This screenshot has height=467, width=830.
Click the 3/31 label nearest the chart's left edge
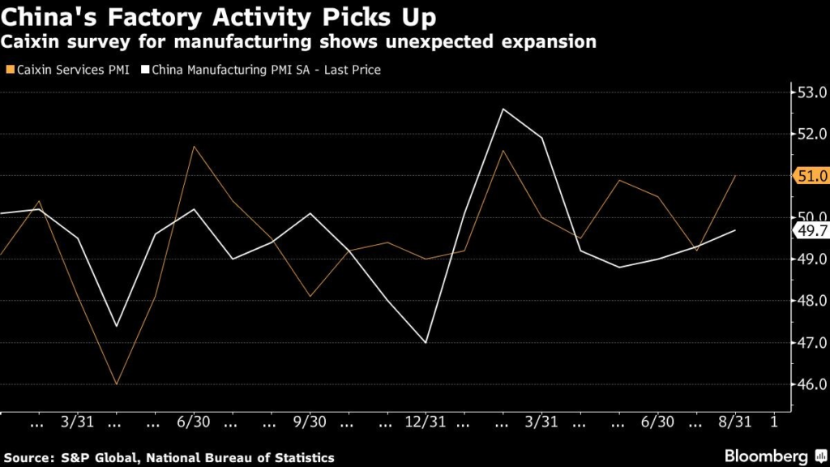[x=77, y=422]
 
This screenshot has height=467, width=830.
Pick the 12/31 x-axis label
[x=425, y=422]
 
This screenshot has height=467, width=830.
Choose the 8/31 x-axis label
[x=735, y=422]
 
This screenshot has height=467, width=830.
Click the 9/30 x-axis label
[x=310, y=422]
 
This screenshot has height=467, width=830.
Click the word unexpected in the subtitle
[x=400, y=42]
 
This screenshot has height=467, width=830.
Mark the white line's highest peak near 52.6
[x=503, y=109]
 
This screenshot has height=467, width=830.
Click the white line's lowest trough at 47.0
[x=426, y=342]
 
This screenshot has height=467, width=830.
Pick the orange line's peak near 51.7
[x=194, y=147]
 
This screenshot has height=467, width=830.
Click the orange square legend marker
[x=8, y=70]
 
